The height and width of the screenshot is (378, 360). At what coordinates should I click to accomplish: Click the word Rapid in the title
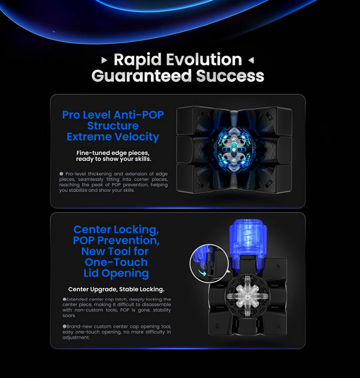(137, 60)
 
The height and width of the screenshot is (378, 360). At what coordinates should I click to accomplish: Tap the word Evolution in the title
(204, 59)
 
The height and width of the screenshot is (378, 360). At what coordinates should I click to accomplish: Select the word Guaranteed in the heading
(141, 76)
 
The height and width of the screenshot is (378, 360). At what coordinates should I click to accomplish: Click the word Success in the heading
(230, 76)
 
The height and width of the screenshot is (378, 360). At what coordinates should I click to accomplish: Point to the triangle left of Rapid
(104, 60)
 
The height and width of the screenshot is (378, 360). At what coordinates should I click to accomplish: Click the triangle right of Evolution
(251, 60)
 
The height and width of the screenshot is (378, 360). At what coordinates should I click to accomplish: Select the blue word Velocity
(137, 137)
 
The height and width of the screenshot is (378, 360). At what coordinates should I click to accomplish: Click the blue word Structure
(113, 126)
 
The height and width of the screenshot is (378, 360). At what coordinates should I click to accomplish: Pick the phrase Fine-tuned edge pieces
(113, 153)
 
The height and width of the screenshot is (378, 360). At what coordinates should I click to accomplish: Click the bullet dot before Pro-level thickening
(61, 174)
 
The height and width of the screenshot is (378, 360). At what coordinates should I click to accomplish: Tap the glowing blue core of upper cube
(233, 150)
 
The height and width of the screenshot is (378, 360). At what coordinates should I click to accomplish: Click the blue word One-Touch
(116, 262)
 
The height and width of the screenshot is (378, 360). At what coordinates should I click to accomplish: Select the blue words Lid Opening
(116, 274)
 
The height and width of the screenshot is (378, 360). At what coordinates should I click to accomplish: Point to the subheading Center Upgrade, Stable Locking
(116, 289)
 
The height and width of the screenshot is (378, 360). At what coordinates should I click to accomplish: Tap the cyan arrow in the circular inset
(202, 272)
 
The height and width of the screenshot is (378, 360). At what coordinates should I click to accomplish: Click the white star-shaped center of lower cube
(248, 296)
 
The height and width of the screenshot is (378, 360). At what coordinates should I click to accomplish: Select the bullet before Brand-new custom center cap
(65, 327)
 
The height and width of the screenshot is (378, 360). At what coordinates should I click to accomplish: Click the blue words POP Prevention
(116, 240)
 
